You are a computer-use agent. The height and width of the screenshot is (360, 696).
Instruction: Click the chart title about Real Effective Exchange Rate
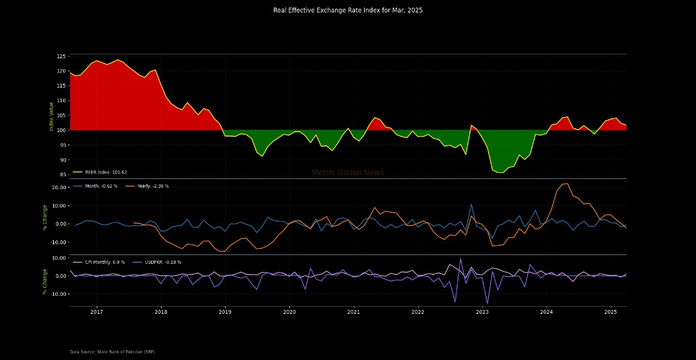[x=347, y=10]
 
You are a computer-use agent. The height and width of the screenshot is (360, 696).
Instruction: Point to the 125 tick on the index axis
[x=61, y=57]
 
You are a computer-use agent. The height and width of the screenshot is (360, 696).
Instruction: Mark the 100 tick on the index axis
[x=61, y=131]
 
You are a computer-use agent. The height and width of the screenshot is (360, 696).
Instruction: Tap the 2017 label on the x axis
[x=97, y=312]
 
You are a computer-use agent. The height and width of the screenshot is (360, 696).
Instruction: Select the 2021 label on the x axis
[x=353, y=312]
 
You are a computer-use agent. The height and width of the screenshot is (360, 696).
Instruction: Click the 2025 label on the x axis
[x=611, y=312]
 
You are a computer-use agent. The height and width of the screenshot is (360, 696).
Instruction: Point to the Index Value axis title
[x=52, y=116]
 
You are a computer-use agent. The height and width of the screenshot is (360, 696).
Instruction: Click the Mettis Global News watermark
[x=347, y=172]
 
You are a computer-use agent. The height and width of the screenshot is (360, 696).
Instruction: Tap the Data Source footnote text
[x=112, y=352]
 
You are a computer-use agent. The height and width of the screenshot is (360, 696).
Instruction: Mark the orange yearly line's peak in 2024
[x=567, y=183]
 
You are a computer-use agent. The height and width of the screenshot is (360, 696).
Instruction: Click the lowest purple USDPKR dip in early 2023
[x=487, y=303]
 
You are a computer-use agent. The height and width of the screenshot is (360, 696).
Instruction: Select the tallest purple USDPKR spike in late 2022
[x=461, y=259]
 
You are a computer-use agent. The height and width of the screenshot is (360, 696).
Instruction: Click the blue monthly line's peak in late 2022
[x=471, y=204]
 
